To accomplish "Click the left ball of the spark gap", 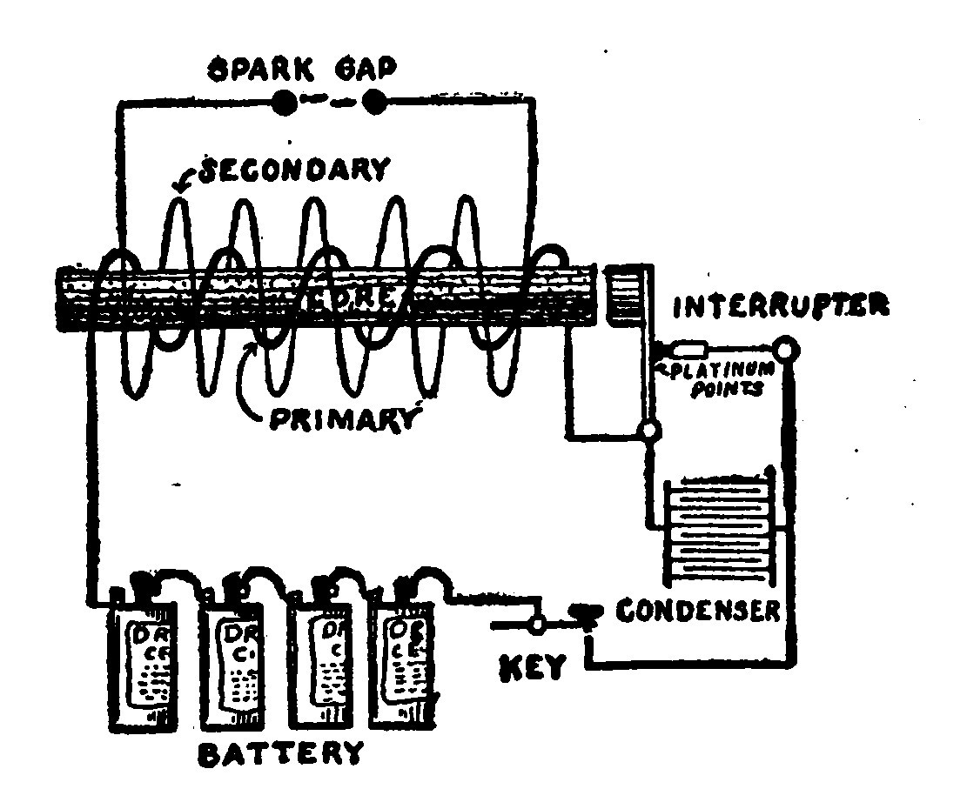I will (283, 103).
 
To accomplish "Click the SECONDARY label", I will (293, 168).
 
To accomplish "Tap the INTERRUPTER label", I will (780, 306).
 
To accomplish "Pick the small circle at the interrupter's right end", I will (787, 350).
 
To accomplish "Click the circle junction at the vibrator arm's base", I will (648, 429).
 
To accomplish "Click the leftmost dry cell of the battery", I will (141, 661).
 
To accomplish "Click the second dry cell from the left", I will (231, 661).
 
